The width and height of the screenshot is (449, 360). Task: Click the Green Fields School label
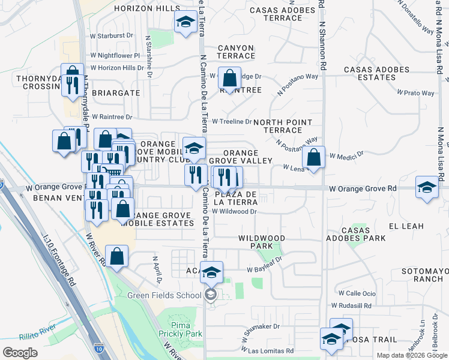point(164,295)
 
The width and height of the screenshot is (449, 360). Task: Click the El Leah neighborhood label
point(406,226)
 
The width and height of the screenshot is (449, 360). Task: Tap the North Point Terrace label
point(282,126)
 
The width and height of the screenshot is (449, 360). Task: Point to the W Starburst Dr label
point(111,36)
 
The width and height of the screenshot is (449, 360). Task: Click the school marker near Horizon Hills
point(185,22)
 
